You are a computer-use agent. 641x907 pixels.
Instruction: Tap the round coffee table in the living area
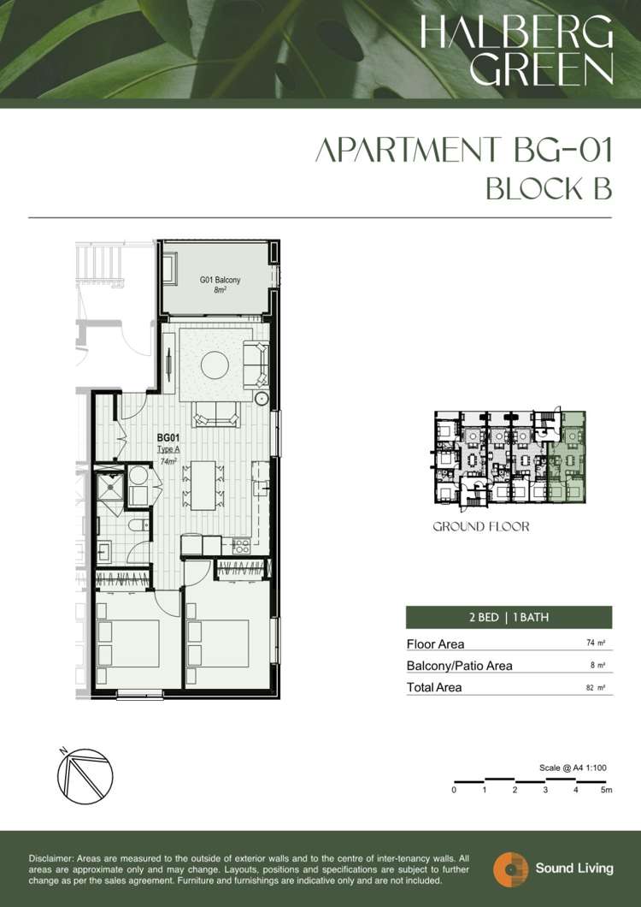(215, 365)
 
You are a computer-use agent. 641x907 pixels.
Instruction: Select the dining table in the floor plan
(203, 485)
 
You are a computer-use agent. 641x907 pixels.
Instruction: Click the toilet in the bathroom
(138, 525)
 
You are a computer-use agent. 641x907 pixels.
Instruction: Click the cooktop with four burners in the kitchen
(240, 545)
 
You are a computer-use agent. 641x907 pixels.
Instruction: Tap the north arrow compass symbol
(84, 775)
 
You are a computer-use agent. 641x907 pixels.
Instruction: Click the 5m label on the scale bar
(606, 790)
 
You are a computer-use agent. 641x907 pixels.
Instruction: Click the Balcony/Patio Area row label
(460, 666)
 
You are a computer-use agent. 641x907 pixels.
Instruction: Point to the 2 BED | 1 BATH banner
(509, 617)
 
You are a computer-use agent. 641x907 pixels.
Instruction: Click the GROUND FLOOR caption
(481, 526)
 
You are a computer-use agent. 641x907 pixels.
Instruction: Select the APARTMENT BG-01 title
(463, 151)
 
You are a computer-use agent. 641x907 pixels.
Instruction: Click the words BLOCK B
(549, 188)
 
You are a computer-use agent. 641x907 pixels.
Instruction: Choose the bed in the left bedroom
(128, 643)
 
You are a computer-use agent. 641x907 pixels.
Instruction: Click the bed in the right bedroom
(218, 643)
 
